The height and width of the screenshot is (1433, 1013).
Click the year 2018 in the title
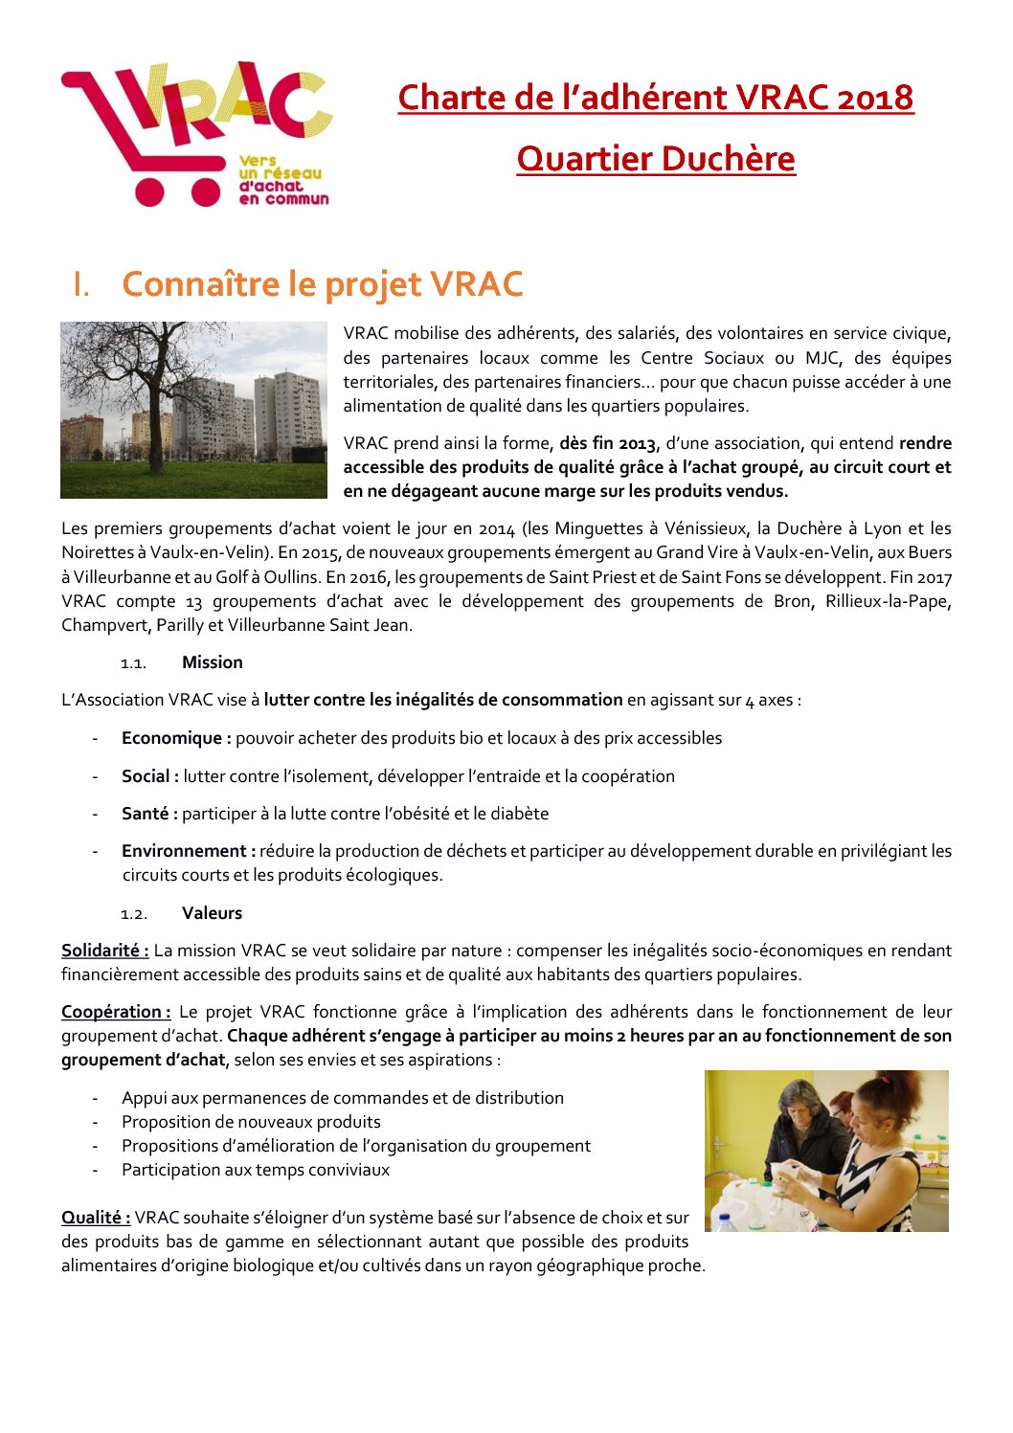874,98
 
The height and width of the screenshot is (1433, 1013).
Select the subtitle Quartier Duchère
656,159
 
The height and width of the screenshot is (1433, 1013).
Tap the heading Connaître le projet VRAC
322,284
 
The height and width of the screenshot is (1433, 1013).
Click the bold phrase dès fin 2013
608,443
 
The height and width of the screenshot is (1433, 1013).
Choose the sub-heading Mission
212,662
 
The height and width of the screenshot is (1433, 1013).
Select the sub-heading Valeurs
212,913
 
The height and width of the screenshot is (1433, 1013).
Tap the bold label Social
149,776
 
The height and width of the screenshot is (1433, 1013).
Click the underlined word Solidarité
104,951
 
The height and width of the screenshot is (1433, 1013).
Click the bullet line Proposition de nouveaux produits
251,1122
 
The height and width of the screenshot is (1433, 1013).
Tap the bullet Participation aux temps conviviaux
256,1170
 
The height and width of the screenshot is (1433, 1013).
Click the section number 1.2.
133,914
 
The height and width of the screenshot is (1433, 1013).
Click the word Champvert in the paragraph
102,625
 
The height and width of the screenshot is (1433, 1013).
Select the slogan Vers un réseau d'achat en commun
283,180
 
